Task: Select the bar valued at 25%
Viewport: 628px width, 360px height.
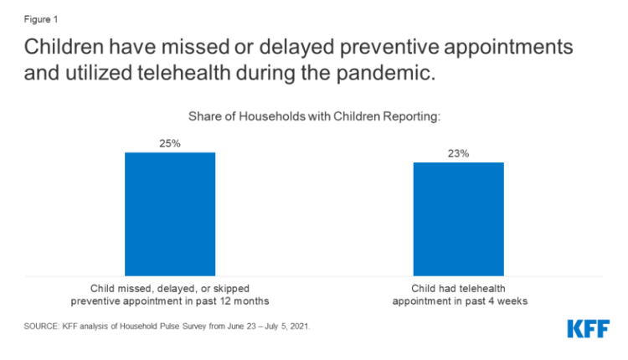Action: (x=170, y=213)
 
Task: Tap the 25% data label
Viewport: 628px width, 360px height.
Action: (x=170, y=143)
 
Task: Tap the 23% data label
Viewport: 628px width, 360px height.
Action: (x=458, y=153)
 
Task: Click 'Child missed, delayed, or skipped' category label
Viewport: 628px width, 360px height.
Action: (x=170, y=287)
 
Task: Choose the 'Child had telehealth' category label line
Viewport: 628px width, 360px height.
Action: (x=458, y=287)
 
